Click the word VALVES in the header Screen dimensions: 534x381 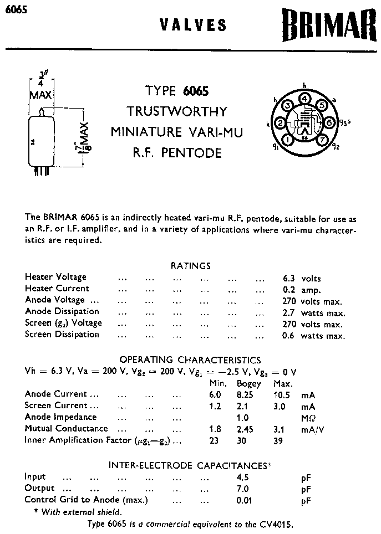click(x=193, y=25)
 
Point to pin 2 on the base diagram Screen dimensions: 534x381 click(x=280, y=123)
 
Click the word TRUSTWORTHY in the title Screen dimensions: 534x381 click(x=177, y=111)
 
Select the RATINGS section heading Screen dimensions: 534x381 click(x=190, y=266)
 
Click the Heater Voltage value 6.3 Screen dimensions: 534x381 click(x=288, y=278)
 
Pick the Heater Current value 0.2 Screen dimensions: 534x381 click(x=288, y=290)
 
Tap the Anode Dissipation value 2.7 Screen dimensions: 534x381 click(x=288, y=312)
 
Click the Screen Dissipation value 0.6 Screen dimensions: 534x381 click(x=288, y=336)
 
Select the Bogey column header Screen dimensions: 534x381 click(x=249, y=383)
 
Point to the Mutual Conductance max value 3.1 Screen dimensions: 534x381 click(x=281, y=429)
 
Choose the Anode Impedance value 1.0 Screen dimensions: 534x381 click(x=242, y=418)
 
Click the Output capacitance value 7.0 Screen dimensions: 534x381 click(x=242, y=489)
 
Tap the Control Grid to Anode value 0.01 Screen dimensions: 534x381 click(x=242, y=501)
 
